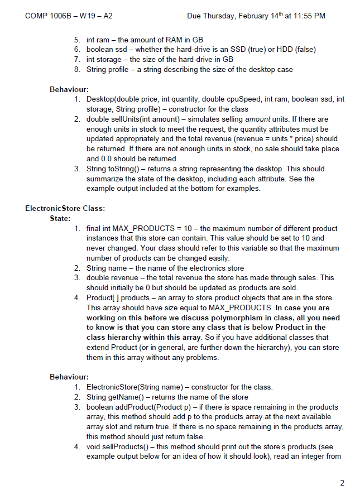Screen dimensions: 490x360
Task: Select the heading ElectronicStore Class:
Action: click(x=65, y=209)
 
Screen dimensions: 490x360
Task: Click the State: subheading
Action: click(x=60, y=218)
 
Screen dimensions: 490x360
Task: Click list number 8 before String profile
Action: click(x=76, y=69)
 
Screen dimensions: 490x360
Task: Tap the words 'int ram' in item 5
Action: click(x=98, y=40)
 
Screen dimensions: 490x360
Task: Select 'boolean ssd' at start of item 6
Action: click(x=106, y=50)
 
